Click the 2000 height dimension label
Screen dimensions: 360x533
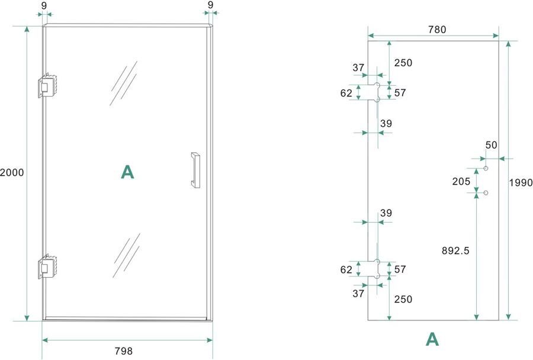[12, 173]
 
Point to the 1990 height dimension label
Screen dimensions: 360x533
[521, 182]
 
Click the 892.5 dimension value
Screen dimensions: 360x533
[456, 250]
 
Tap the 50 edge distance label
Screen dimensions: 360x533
[492, 145]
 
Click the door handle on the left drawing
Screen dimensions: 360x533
[195, 170]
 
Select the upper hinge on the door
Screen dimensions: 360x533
[46, 86]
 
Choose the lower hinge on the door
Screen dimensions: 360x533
[46, 267]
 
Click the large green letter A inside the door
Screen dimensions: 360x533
[127, 172]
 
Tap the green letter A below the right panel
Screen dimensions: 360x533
[433, 339]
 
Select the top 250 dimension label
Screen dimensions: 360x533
[403, 63]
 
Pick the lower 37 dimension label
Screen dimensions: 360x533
[358, 294]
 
